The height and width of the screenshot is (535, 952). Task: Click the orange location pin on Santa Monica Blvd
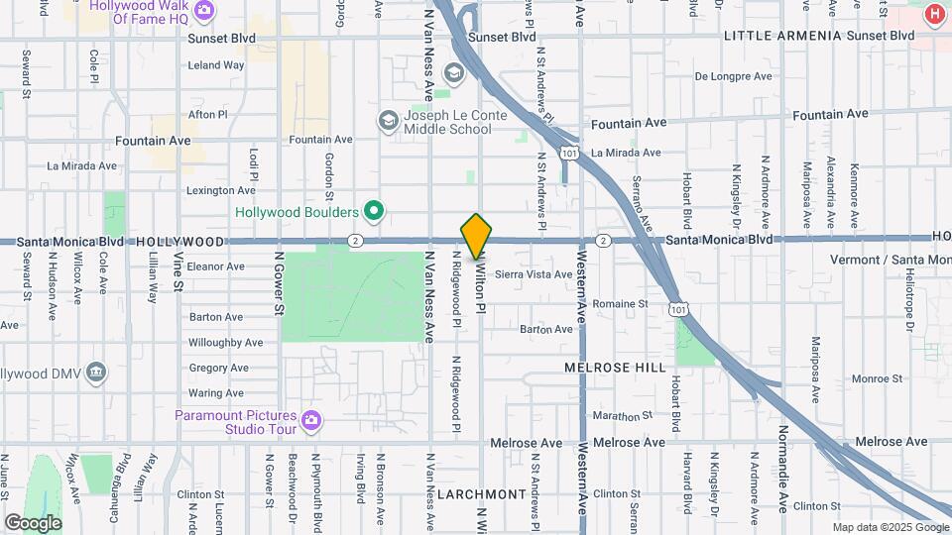click(x=476, y=236)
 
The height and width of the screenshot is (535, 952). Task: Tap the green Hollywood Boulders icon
click(x=374, y=211)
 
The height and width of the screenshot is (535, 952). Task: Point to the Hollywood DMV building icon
click(x=96, y=373)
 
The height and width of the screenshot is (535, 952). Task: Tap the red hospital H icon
click(x=933, y=15)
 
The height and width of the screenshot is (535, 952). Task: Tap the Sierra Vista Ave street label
click(x=533, y=273)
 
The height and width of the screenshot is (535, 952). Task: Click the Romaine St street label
click(x=623, y=303)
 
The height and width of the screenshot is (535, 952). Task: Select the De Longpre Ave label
click(x=731, y=75)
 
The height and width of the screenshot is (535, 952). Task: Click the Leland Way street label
click(x=216, y=65)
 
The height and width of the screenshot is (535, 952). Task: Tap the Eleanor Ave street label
click(x=215, y=267)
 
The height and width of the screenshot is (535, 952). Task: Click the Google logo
click(x=33, y=522)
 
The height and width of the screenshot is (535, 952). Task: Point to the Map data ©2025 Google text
click(x=889, y=527)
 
